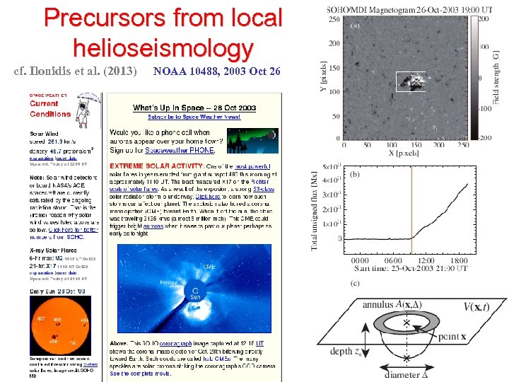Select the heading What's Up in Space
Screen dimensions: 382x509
194,108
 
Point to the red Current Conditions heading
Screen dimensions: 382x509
49,109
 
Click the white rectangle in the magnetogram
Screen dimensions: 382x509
411,81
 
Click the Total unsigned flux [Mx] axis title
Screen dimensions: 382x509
315,212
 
